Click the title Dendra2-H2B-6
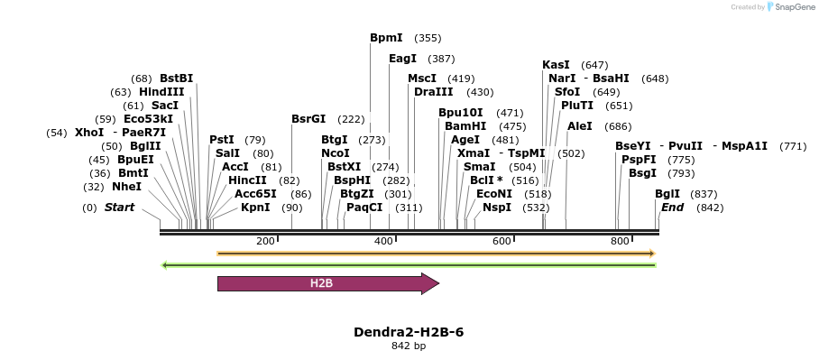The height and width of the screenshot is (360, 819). point(409,332)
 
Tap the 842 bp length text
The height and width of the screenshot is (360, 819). point(409,346)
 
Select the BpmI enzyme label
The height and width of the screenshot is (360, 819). point(386,38)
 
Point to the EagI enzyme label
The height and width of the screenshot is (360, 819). point(402,59)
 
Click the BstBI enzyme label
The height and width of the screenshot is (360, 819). point(177,78)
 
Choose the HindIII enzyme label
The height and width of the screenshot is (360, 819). point(161,92)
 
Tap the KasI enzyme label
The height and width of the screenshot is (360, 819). point(556,65)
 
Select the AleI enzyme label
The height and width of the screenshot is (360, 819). point(580,126)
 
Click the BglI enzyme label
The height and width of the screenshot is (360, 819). point(667,194)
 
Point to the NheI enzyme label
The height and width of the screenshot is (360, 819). point(127,187)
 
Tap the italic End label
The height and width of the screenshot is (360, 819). point(673,208)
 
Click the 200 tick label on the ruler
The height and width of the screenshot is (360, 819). point(265,241)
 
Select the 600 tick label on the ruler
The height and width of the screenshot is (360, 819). point(502,241)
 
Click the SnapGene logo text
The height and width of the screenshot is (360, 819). point(795,7)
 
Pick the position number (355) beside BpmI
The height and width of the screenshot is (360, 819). point(428,38)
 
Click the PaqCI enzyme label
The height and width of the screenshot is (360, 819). point(365,208)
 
